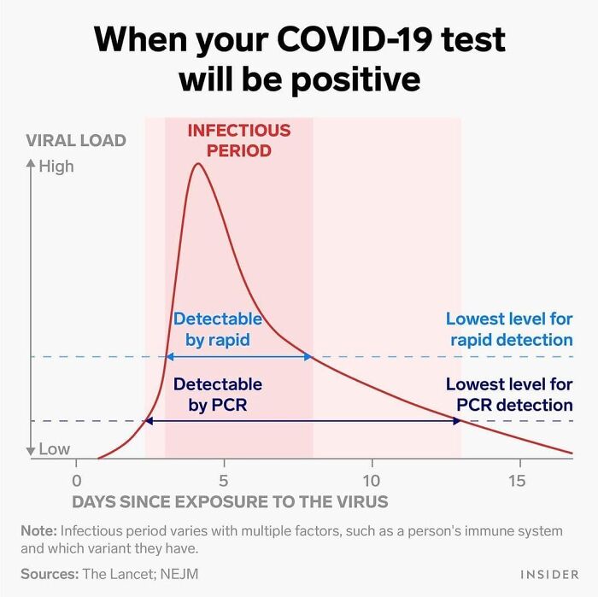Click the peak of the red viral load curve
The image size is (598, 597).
tap(198, 163)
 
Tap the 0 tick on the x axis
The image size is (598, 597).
tap(77, 480)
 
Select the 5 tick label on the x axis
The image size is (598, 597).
tap(224, 480)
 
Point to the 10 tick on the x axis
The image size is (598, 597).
tap(372, 480)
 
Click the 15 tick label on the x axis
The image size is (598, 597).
tap(517, 480)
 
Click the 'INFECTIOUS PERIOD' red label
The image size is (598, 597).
tap(238, 141)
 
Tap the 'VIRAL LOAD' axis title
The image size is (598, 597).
tap(76, 141)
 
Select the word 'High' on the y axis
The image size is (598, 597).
tap(56, 167)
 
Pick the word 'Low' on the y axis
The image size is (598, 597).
tap(54, 449)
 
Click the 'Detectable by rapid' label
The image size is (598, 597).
tap(218, 329)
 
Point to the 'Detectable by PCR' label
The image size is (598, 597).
tap(218, 395)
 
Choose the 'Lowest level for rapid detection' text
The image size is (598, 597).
tap(509, 329)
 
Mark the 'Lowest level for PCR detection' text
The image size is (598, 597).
tap(509, 395)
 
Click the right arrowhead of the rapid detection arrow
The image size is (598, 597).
tap(309, 356)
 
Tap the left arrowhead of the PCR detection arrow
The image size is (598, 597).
tap(149, 420)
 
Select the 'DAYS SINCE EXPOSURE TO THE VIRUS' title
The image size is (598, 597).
tap(230, 502)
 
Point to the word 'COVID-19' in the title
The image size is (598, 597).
tap(355, 39)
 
